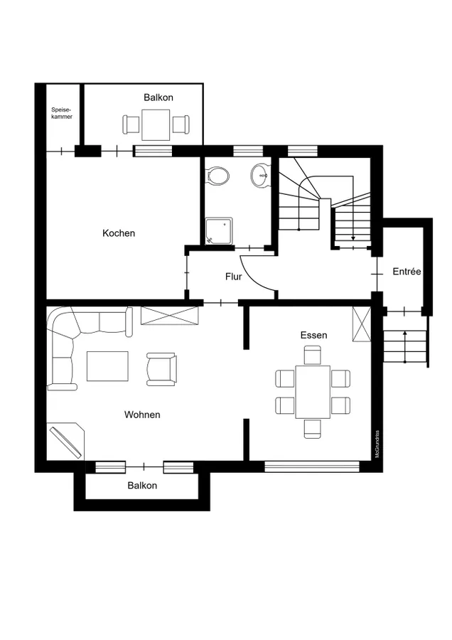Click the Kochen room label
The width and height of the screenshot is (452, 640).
(118, 233)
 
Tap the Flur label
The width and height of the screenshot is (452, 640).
(234, 277)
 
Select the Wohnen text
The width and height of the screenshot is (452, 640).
(142, 415)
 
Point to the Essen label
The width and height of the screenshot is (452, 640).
(313, 335)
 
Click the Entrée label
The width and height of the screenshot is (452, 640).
(407, 272)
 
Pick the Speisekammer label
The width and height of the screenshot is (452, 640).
(62, 113)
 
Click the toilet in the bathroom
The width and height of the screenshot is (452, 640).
(218, 176)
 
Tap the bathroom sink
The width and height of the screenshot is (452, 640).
(260, 176)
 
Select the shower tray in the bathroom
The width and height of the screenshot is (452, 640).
(219, 231)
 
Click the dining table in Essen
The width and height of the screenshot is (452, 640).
(313, 392)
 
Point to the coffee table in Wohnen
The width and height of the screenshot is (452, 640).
(107, 366)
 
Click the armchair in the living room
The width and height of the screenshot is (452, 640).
(161, 369)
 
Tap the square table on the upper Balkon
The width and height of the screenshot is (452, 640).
(156, 125)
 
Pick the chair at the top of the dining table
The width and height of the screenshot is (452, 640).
(313, 354)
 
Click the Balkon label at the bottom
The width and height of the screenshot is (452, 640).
(142, 485)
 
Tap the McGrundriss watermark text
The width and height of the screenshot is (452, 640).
(377, 444)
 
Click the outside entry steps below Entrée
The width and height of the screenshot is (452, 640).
(405, 346)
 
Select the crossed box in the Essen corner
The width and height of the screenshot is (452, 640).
(362, 324)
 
